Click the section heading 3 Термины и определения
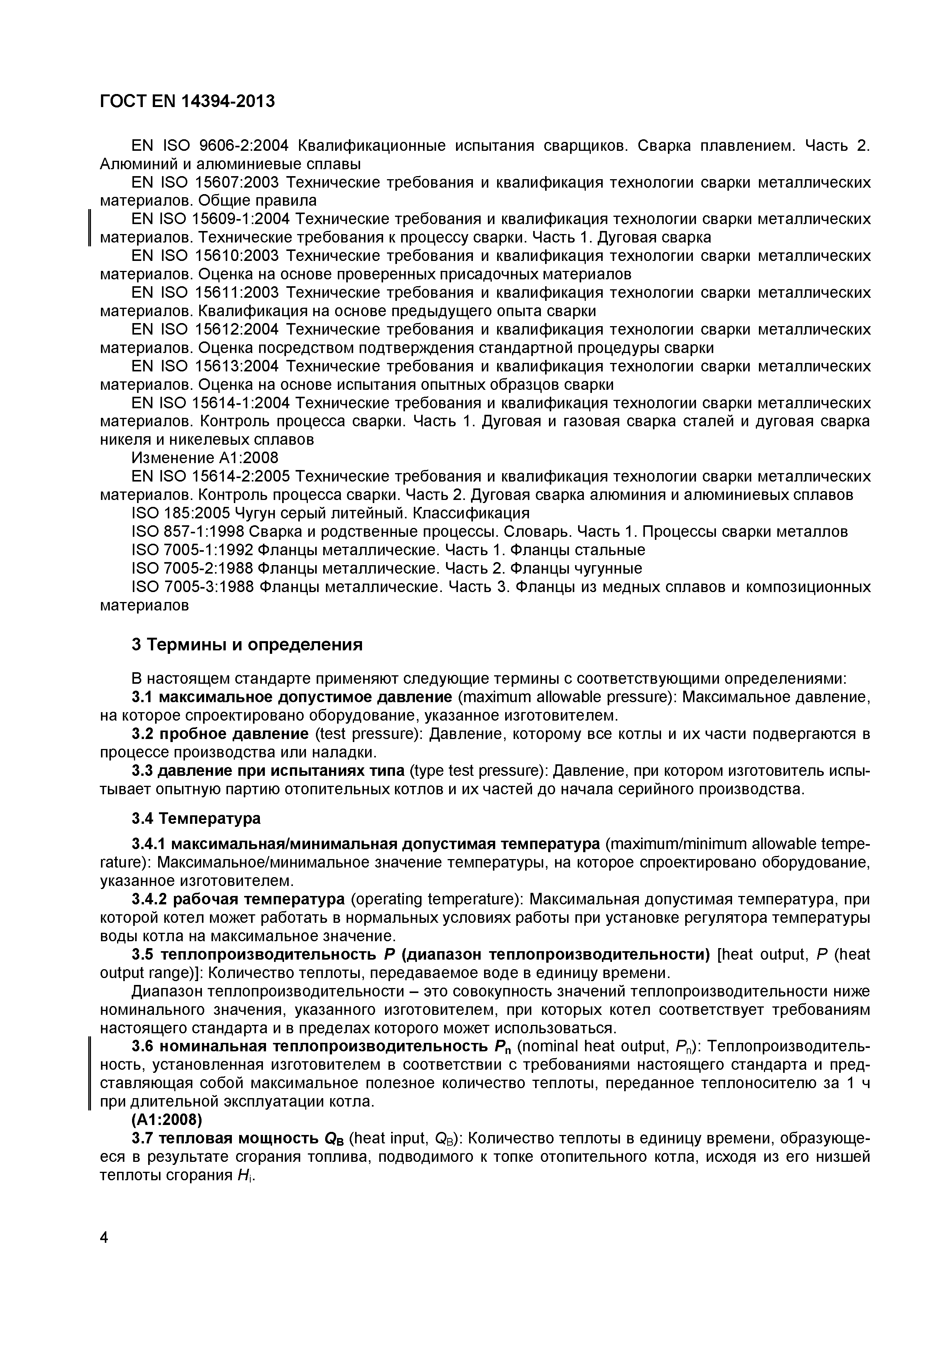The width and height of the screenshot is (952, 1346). [x=247, y=645]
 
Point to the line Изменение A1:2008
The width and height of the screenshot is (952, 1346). [x=205, y=458]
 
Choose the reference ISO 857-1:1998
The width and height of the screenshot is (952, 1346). [x=188, y=532]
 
